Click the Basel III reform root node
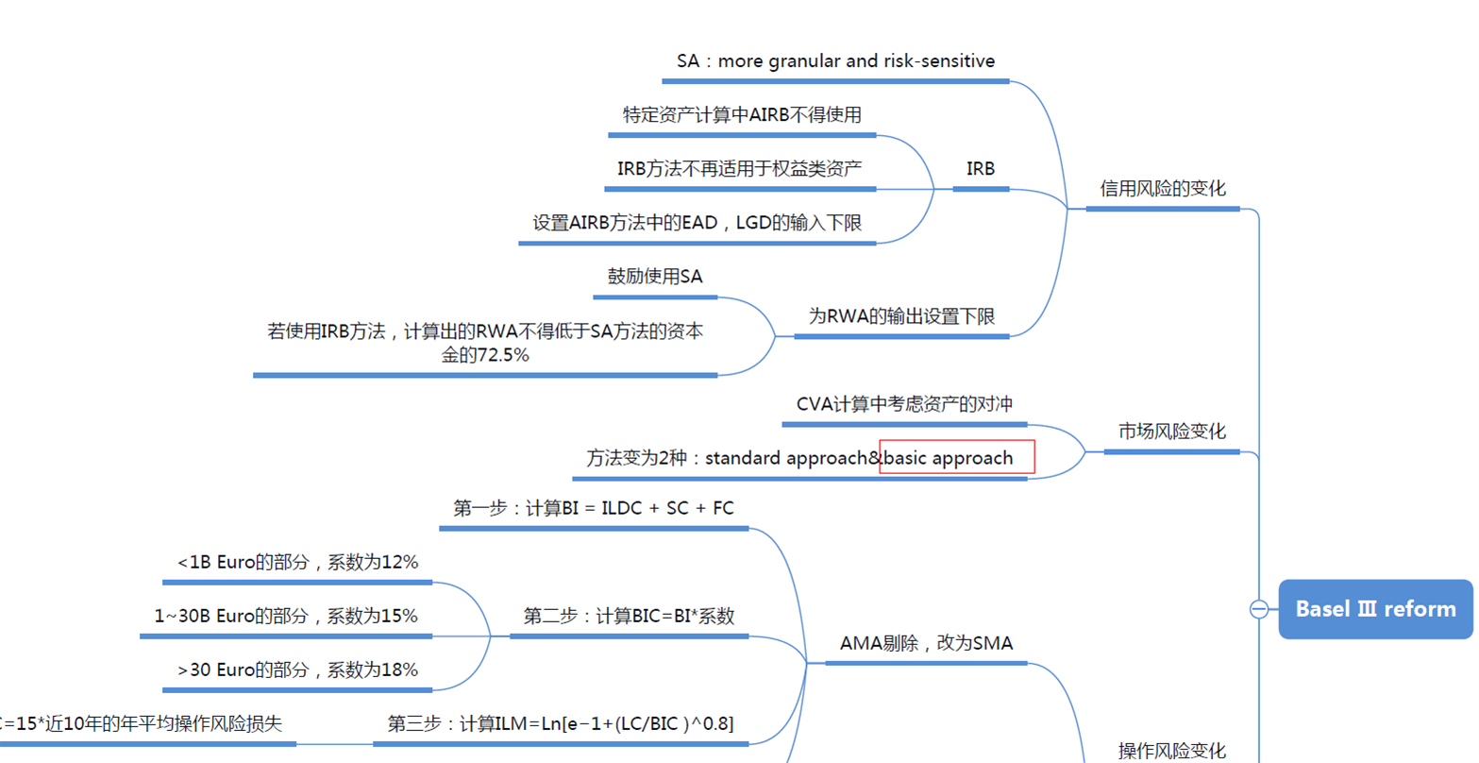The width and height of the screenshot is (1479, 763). (x=1375, y=609)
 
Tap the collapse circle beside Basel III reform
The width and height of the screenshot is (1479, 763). (x=1258, y=609)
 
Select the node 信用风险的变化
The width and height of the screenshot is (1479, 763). (x=1163, y=189)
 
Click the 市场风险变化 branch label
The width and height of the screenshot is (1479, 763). (x=1172, y=432)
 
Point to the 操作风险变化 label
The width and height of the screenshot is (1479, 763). (x=1172, y=751)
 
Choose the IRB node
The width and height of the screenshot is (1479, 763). (x=981, y=169)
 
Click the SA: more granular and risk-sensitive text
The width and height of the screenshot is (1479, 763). (x=835, y=61)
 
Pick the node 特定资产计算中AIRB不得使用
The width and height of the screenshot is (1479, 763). (x=742, y=115)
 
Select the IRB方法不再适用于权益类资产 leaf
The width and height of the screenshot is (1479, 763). (x=739, y=169)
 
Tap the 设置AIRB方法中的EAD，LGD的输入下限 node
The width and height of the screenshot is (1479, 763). (x=697, y=223)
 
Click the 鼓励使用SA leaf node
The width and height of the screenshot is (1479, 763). (x=655, y=277)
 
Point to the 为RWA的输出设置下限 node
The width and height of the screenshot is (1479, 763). (x=901, y=316)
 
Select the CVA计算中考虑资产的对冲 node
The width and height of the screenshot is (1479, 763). (x=904, y=404)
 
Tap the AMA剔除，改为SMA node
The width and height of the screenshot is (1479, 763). (x=926, y=643)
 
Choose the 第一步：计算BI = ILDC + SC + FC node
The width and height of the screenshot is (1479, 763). (x=594, y=508)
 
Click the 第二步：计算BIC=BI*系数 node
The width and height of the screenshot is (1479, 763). (x=629, y=616)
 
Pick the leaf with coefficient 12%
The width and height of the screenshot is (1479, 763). (x=297, y=562)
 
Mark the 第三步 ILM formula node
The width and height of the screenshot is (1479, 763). (x=561, y=723)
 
